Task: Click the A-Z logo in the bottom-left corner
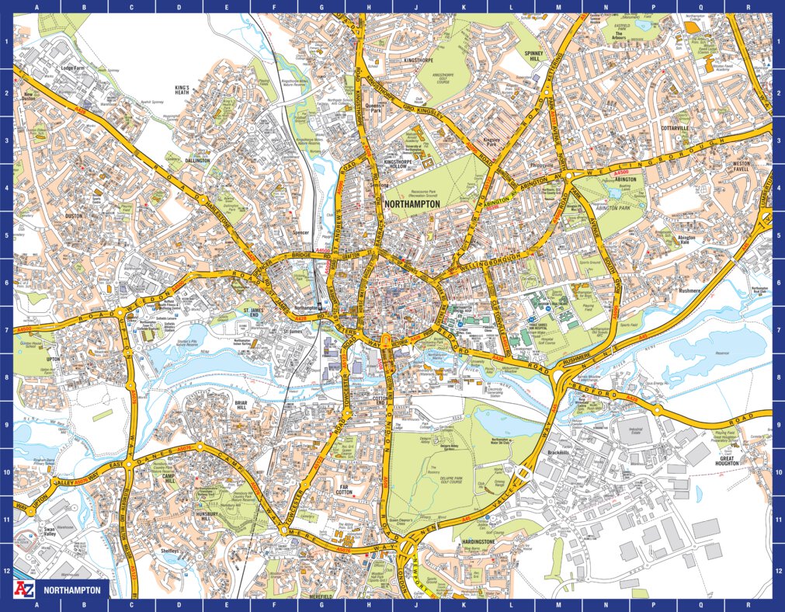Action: [23, 589]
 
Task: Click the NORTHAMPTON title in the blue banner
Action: [72, 590]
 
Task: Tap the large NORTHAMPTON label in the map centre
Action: [412, 204]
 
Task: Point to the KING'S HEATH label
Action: [182, 89]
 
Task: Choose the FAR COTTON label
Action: [345, 489]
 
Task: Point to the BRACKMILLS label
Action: [559, 453]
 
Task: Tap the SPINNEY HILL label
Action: [533, 55]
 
